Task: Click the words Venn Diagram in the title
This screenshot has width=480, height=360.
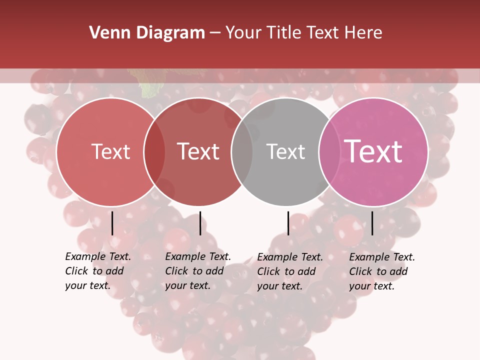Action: (x=146, y=33)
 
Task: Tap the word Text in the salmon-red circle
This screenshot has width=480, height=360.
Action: (x=110, y=151)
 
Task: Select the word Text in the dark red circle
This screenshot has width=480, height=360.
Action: (x=198, y=151)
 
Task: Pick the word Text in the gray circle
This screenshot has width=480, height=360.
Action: (x=285, y=151)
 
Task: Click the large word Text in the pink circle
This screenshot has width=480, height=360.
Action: (x=373, y=151)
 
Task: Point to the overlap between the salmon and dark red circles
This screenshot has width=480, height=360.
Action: (x=154, y=152)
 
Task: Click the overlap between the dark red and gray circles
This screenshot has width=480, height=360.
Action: (x=242, y=152)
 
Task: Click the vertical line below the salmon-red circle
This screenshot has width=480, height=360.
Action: (x=112, y=223)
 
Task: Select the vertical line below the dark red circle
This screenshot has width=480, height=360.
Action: (x=200, y=223)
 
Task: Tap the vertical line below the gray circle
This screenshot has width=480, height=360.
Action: (x=288, y=223)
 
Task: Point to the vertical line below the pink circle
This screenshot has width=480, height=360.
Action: (x=372, y=223)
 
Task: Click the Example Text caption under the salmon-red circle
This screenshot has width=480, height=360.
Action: (x=97, y=271)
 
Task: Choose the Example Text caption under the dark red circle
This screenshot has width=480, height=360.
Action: (x=197, y=271)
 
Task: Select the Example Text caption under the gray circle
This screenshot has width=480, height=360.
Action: (x=289, y=271)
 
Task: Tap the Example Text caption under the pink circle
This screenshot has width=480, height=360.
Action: (x=381, y=271)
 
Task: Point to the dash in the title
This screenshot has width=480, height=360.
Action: (x=215, y=33)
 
